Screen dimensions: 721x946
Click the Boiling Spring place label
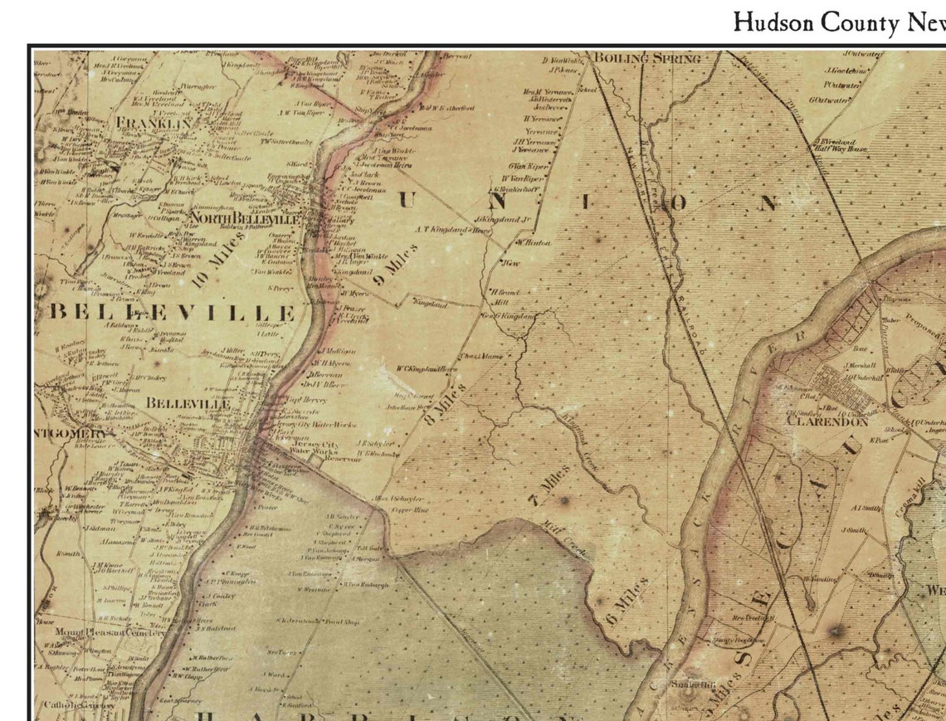[646, 58]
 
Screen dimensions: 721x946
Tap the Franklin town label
[154, 124]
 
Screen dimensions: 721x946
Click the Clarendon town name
[827, 421]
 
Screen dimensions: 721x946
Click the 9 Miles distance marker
[391, 268]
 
